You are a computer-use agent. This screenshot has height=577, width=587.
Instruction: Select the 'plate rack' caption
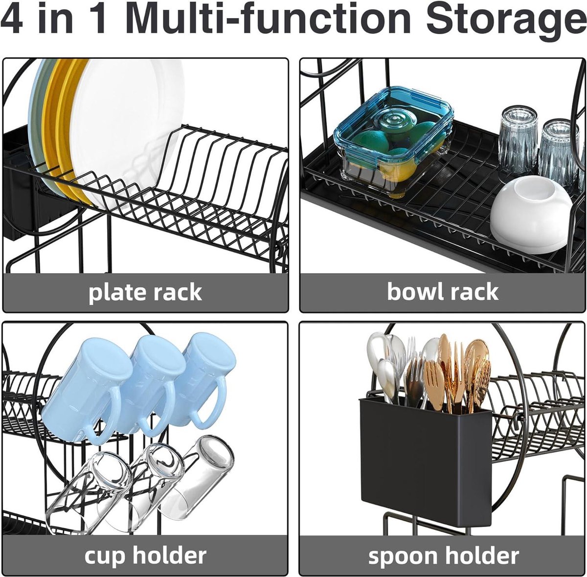(145, 292)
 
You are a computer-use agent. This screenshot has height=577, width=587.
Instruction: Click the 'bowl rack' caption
(443, 292)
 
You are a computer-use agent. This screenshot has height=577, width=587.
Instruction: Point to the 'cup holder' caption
(145, 555)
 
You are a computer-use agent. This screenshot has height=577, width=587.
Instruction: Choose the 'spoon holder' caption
(444, 555)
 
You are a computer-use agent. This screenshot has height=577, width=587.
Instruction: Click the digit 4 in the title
(12, 19)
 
